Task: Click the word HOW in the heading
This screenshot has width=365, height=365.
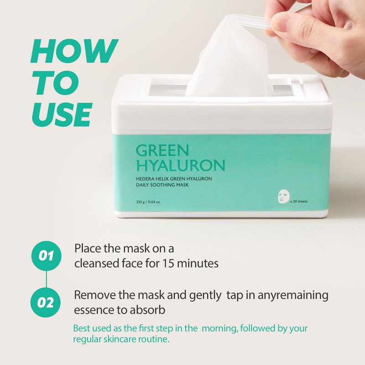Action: pyautogui.click(x=74, y=51)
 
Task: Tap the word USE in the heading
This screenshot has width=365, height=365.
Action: pyautogui.click(x=62, y=115)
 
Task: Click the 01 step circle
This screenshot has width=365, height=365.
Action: pyautogui.click(x=47, y=256)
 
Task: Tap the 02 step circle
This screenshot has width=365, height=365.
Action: pyautogui.click(x=46, y=302)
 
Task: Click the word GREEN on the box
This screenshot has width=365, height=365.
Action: pyautogui.click(x=162, y=151)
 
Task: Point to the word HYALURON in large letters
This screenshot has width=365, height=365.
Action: pyautogui.click(x=180, y=165)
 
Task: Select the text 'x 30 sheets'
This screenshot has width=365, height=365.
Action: pyautogui.click(x=299, y=201)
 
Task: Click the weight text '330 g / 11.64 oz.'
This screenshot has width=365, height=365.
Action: pyautogui.click(x=148, y=202)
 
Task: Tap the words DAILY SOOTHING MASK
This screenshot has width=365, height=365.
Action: pyautogui.click(x=162, y=185)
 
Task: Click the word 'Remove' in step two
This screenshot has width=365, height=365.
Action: pyautogui.click(x=95, y=295)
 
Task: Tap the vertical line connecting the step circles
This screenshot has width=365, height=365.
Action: pyautogui.click(x=47, y=279)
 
